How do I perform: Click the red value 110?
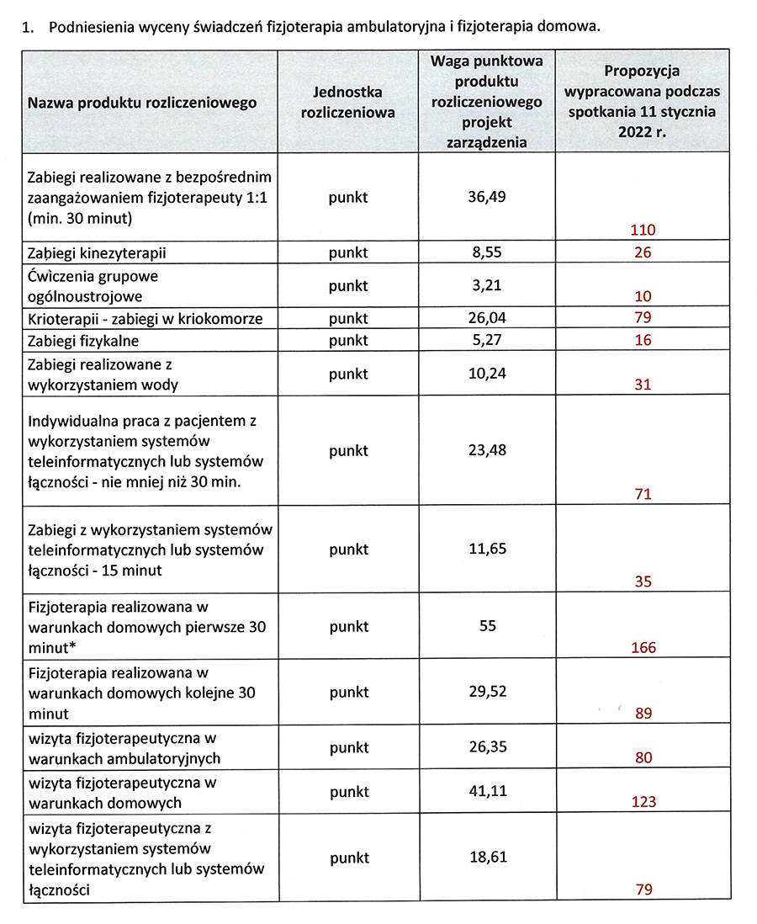[x=643, y=230]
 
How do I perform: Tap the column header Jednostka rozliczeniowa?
[x=347, y=103]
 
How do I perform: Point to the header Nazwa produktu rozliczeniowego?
[x=142, y=103]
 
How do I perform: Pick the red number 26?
[x=643, y=252]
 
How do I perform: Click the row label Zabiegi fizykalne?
[x=83, y=341]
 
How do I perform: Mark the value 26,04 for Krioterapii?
[x=487, y=318]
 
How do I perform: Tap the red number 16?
[x=643, y=341]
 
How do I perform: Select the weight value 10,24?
[x=487, y=374]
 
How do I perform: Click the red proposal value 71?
[x=643, y=494]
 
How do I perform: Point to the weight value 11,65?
[x=487, y=549]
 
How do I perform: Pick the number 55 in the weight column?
[x=487, y=626]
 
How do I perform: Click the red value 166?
[x=643, y=648]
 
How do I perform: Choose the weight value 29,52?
[x=487, y=692]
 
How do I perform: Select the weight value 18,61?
[x=487, y=858]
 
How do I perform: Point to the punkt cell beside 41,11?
[x=348, y=792]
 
